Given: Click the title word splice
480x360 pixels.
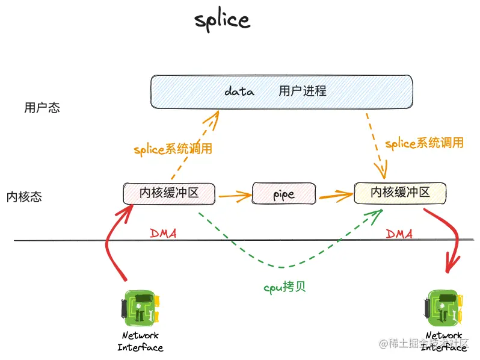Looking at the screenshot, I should click(x=222, y=20).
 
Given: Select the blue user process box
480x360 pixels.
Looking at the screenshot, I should click(x=281, y=92).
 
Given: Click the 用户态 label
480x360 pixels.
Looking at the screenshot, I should click(x=42, y=108).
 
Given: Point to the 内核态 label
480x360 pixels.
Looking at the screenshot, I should click(x=24, y=197).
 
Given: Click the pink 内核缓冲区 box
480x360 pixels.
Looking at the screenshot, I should click(x=169, y=193).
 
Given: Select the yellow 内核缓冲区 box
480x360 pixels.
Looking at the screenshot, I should click(x=400, y=192).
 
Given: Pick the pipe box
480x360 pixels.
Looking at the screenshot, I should click(x=284, y=194).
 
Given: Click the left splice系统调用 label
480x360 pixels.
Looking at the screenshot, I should click(x=173, y=149).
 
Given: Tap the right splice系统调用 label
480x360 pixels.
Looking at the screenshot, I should click(x=424, y=143).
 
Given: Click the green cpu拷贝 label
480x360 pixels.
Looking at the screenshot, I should click(x=285, y=287).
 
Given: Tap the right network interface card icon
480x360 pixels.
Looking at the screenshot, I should click(x=445, y=307).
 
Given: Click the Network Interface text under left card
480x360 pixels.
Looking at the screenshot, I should click(x=140, y=341).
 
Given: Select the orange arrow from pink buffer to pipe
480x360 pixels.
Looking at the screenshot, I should click(x=235, y=194).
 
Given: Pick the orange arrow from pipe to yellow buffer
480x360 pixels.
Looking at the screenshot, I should click(x=336, y=194).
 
